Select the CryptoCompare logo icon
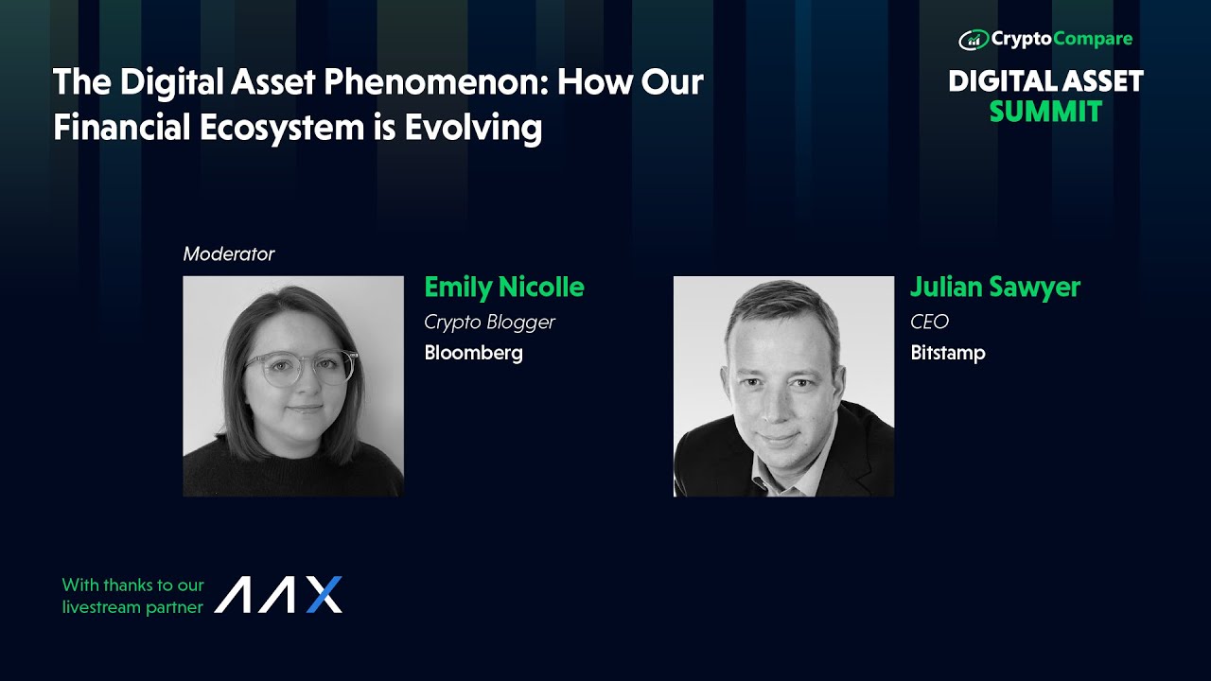click(973, 40)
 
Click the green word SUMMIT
click(1045, 112)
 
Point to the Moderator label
click(229, 254)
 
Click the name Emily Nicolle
click(503, 287)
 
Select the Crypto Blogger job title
click(489, 323)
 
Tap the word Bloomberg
click(473, 354)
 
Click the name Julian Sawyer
click(994, 287)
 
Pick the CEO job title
click(929, 323)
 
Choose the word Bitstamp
click(947, 354)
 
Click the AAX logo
click(278, 595)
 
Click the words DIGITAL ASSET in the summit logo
click(1045, 81)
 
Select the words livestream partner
click(132, 607)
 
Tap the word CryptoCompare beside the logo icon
click(1062, 40)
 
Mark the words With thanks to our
click(132, 585)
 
